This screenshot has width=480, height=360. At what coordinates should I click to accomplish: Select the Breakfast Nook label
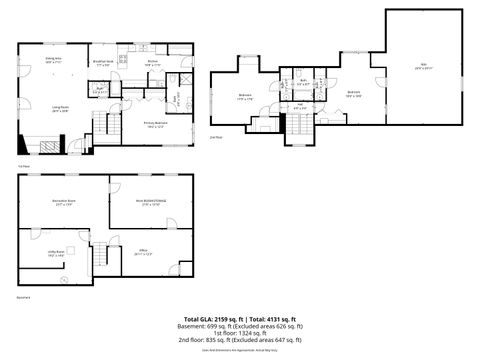point(102,64)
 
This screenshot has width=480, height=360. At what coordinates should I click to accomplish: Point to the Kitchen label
point(152,63)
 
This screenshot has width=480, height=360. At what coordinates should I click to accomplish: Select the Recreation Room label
point(64,202)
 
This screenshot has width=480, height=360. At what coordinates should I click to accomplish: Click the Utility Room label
point(56,253)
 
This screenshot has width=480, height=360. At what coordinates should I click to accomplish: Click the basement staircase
point(99,258)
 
